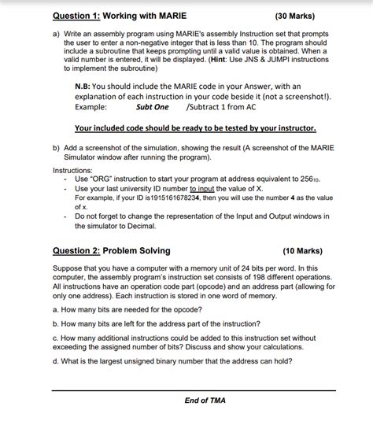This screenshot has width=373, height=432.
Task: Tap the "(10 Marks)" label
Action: click(301, 251)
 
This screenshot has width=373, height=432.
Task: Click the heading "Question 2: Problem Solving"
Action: click(111, 251)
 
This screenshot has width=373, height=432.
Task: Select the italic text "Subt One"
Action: click(152, 106)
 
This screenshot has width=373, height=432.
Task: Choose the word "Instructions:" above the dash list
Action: click(73, 170)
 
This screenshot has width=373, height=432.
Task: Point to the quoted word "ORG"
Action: click(106, 179)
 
